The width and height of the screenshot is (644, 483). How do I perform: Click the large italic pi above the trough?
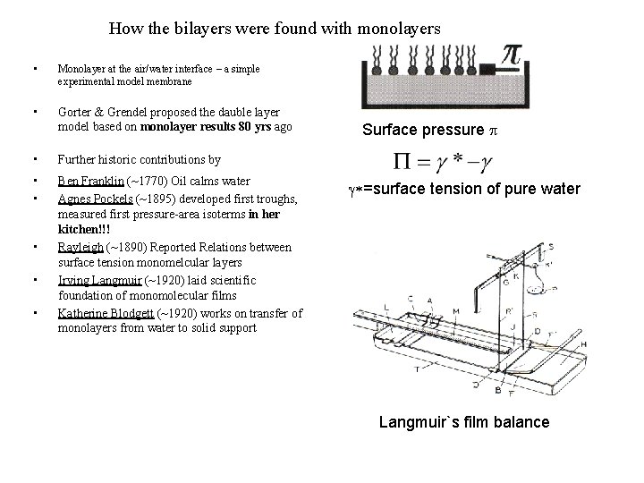pyautogui.click(x=509, y=56)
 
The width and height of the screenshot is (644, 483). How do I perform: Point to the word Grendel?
pyautogui.click(x=128, y=113)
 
